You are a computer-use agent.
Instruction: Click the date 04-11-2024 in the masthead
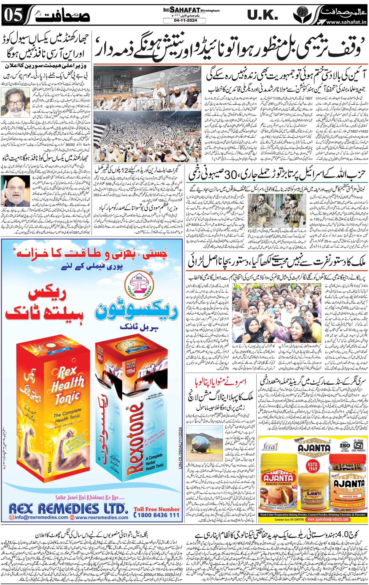click(184, 21)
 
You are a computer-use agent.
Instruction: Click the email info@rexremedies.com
click(38, 517)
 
